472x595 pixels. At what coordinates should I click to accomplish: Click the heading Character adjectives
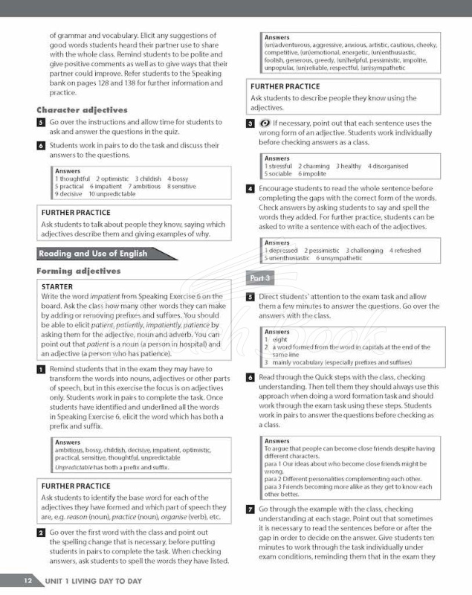(x=82, y=110)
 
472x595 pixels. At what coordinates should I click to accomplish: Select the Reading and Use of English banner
(x=93, y=254)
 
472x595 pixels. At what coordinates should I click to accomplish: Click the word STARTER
(x=57, y=286)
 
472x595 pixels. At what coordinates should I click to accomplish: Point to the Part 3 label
(x=260, y=278)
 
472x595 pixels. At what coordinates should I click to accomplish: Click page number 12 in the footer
(x=27, y=580)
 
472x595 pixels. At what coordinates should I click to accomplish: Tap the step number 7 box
(x=250, y=509)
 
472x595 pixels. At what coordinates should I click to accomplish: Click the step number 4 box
(x=250, y=189)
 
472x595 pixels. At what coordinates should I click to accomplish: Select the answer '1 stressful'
(x=279, y=167)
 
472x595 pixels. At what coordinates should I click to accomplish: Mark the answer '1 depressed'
(x=282, y=251)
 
